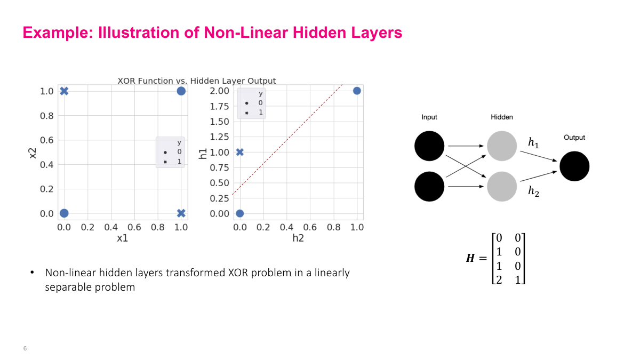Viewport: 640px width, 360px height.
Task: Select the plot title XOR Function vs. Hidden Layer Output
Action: (x=197, y=81)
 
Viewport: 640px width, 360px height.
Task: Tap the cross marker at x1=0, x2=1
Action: (x=64, y=91)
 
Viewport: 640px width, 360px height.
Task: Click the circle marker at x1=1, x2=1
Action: (x=181, y=91)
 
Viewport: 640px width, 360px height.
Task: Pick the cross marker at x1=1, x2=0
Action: (x=181, y=213)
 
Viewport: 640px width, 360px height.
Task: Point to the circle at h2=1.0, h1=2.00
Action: (x=357, y=91)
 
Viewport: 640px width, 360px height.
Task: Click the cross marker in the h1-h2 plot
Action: (x=239, y=152)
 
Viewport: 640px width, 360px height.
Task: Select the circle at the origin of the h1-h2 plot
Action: (x=239, y=213)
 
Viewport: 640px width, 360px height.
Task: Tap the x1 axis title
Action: (x=122, y=238)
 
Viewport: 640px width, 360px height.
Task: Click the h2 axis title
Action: (x=298, y=238)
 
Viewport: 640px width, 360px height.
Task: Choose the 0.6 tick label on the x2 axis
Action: (x=47, y=140)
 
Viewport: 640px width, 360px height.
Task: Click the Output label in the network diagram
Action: (x=574, y=138)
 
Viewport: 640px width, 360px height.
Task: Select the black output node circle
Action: (x=574, y=166)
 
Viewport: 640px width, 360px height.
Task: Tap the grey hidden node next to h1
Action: (x=501, y=146)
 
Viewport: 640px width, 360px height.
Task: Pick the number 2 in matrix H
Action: (x=499, y=279)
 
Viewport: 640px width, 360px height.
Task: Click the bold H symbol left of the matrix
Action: (x=470, y=259)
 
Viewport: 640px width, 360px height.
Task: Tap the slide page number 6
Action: (x=25, y=348)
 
